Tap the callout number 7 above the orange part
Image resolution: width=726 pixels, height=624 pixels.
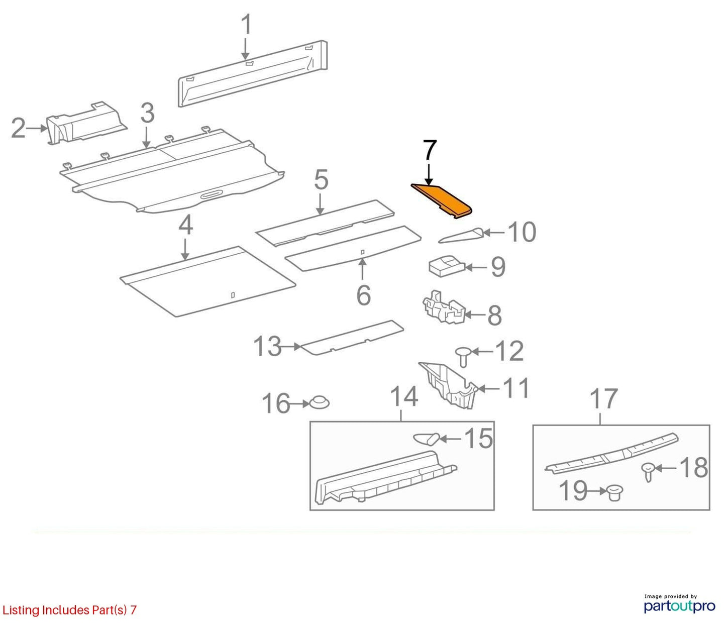430,151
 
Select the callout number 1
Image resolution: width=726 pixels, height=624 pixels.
247,24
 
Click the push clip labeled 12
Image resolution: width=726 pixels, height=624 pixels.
463,357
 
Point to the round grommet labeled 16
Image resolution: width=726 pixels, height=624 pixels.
319,402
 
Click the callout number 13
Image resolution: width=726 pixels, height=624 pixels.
268,346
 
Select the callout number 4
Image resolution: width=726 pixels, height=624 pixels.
185,225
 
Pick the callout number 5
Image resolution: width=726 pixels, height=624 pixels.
321,180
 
